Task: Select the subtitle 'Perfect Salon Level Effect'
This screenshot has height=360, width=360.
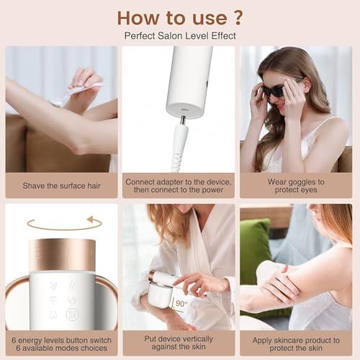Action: pyautogui.click(x=179, y=35)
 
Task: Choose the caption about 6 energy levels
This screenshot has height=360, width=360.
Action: pyautogui.click(x=61, y=343)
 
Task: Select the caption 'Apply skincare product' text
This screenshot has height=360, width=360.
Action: pyautogui.click(x=297, y=343)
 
